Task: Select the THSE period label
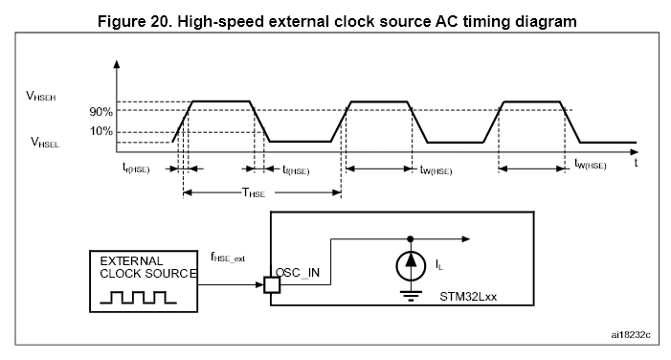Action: coord(254,192)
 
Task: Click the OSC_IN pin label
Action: coord(300,272)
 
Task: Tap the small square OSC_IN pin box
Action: coord(269,283)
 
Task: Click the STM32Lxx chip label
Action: coord(469,297)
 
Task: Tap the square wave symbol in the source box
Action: coord(143,295)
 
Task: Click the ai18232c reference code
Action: coord(631,336)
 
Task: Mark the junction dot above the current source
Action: coord(410,238)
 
